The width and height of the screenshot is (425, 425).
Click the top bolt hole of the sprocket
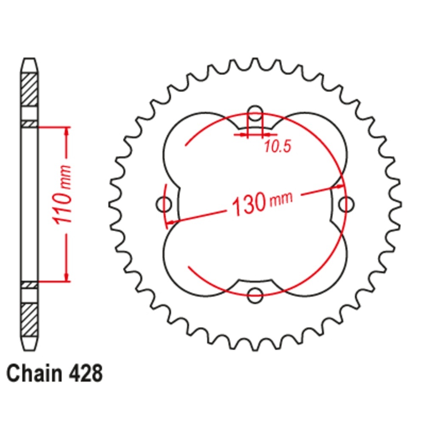pos(255,113)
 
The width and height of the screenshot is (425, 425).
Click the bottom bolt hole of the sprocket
pos(255,295)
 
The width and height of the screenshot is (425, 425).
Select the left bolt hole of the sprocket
pos(164,204)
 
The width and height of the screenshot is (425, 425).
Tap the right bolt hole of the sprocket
pos(346,204)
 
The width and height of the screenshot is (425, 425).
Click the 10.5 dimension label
pos(278,146)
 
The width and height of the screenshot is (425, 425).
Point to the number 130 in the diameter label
pos(249,204)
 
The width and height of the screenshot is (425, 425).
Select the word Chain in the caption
pos(34,374)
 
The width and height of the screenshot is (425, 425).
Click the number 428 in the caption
pos(86,374)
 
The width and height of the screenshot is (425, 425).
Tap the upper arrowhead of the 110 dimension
pos(67,131)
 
